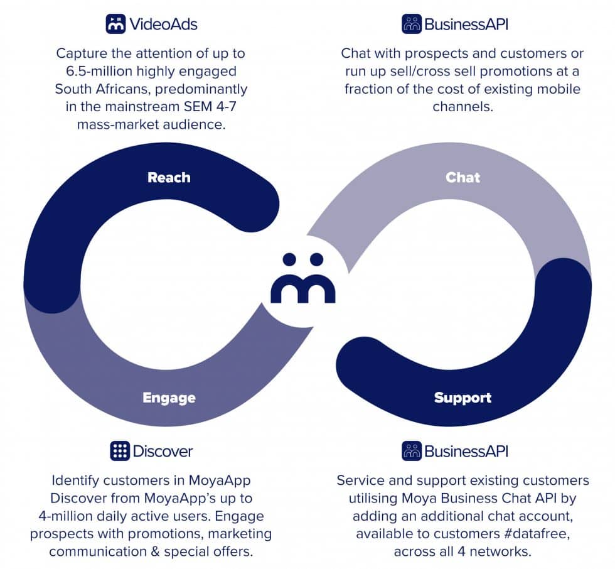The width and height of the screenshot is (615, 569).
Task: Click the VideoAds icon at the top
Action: pos(115,24)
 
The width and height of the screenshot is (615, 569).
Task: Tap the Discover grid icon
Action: pos(120,451)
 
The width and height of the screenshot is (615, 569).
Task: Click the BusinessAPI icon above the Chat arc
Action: pos(412,24)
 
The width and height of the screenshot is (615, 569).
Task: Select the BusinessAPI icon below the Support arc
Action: pos(412,451)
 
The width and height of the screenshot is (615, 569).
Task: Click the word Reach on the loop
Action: pos(169,177)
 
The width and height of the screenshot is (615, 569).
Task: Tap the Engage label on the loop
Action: pos(169,398)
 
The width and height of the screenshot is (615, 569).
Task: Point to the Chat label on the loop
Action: pos(463,177)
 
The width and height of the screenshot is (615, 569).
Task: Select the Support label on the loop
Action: pos(463,398)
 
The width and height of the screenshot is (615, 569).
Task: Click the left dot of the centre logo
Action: pos(289,259)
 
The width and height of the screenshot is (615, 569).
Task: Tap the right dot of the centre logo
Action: pos(316,259)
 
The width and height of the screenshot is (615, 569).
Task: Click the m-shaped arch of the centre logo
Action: pos(302,288)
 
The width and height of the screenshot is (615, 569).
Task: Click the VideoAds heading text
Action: pos(163,24)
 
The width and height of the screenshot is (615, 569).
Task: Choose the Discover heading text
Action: pos(163,452)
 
